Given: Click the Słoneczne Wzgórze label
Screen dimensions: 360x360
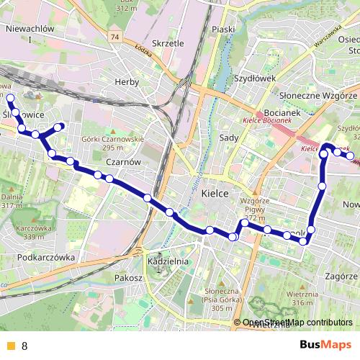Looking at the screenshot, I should click(318, 95).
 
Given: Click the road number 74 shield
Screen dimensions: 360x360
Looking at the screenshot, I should click(115, 35).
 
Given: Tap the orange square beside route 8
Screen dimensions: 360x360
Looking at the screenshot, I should click(10, 346).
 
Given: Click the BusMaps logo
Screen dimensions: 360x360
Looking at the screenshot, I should click(325, 345).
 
